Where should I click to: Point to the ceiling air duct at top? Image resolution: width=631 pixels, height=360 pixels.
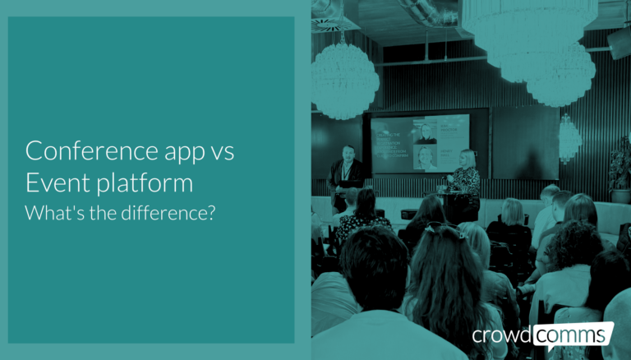(427, 12)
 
